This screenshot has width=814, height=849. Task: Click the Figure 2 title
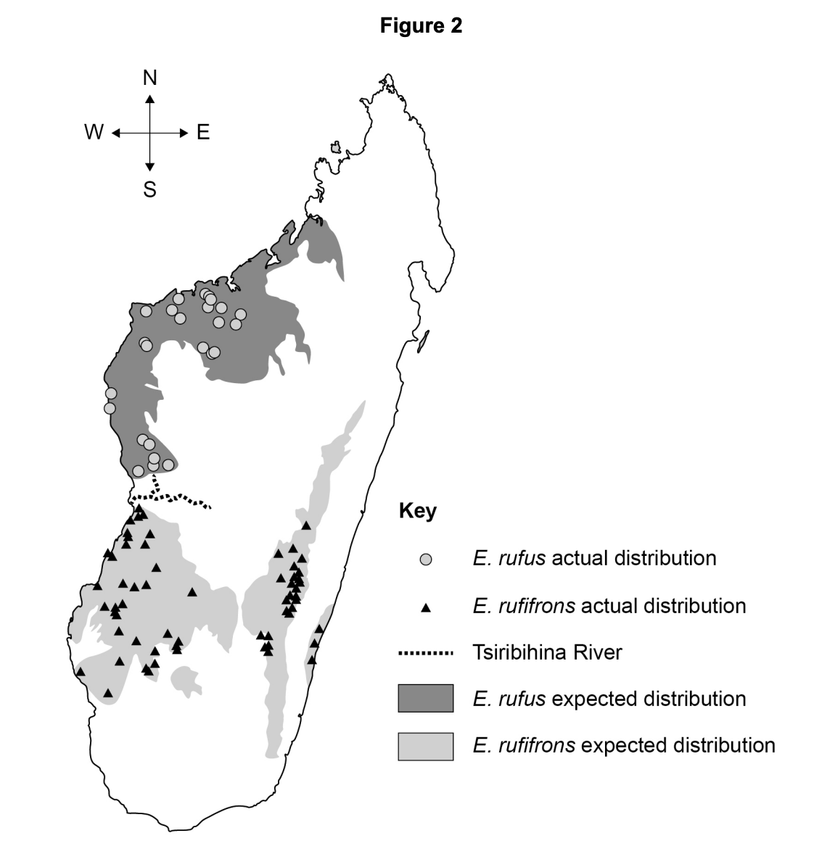coord(421,27)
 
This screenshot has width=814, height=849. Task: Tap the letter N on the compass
coord(149,78)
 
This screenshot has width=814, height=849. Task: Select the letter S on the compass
coord(149,190)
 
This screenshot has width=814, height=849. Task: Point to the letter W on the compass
coord(94,133)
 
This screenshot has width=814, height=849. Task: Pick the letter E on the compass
coord(203,133)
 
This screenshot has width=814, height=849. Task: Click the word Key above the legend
coord(417,512)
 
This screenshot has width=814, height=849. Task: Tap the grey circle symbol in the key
coord(426,559)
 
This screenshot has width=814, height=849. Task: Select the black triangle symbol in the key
coord(426,607)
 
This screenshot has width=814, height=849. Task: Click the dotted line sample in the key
coord(425,653)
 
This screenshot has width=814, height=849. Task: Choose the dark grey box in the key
coord(425,699)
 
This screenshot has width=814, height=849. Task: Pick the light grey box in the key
coord(425,746)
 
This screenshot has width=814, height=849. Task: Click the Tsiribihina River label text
coord(547,652)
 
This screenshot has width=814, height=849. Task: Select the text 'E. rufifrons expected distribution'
coord(624,745)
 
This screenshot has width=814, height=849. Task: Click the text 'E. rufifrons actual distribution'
coord(609,606)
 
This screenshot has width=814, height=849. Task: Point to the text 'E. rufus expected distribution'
coord(609,699)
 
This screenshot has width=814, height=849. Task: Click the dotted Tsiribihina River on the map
coord(181,499)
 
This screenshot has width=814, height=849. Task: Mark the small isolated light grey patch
coord(186,680)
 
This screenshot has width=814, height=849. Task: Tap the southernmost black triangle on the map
coord(108,693)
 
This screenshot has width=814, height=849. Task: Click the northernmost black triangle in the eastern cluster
coord(306,525)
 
